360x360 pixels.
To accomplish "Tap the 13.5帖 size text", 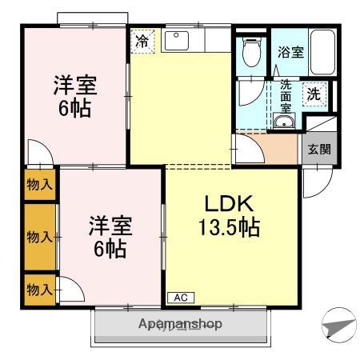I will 229,228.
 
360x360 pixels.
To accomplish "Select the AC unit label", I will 181,298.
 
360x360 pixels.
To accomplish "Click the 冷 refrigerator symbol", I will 142,42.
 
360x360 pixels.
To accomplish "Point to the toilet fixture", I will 251,54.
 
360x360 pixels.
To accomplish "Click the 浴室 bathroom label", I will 290,52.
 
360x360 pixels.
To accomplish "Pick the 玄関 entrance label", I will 317,150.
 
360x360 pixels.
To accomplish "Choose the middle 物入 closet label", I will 39,237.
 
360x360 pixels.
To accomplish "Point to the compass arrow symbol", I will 339,326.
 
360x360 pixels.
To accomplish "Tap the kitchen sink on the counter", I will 177,41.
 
